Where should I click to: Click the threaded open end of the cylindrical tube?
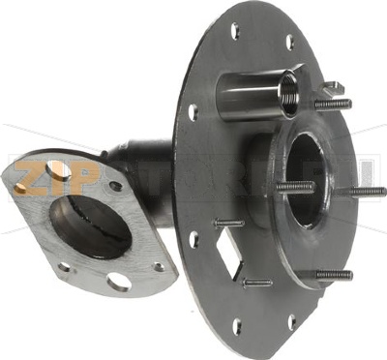point(289,93)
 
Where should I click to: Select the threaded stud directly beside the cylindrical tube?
point(332,104)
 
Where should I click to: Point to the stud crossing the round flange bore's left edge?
point(294,187)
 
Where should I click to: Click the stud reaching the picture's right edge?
point(365,192)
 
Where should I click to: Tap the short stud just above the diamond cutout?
point(230,223)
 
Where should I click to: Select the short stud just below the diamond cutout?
point(256,283)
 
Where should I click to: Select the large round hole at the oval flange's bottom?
point(118,282)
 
